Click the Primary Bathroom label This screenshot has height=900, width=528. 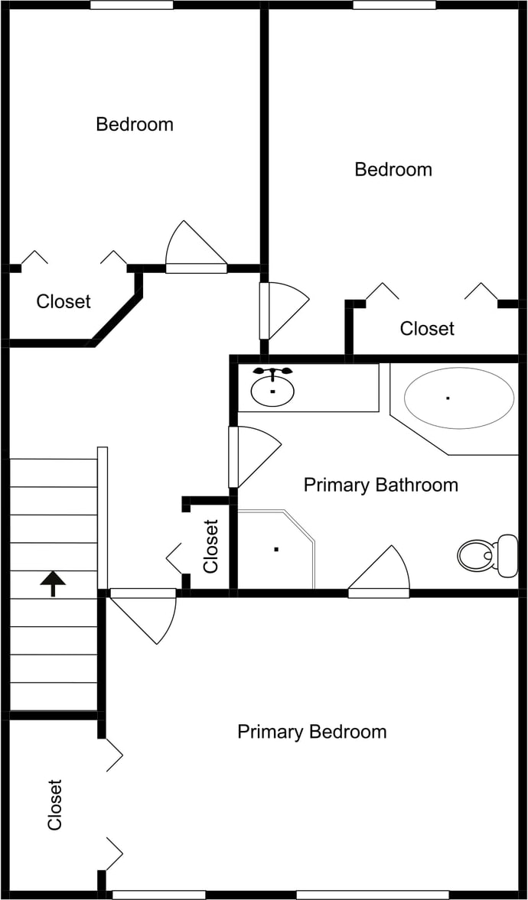pyautogui.click(x=380, y=485)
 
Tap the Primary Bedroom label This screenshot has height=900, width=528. pyautogui.click(x=311, y=732)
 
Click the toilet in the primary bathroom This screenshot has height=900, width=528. pyautogui.click(x=476, y=554)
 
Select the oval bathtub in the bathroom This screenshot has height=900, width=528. pyautogui.click(x=458, y=398)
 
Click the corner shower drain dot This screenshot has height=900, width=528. pyautogui.click(x=275, y=548)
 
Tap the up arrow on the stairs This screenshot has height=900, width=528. pyautogui.click(x=53, y=583)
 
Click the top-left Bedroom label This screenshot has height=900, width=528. pyautogui.click(x=135, y=124)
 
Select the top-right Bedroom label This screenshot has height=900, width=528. pyautogui.click(x=393, y=169)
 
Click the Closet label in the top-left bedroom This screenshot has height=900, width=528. pyautogui.click(x=64, y=301)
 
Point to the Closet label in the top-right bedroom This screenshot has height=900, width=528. pyautogui.click(x=427, y=328)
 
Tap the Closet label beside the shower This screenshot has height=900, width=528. pyautogui.click(x=211, y=546)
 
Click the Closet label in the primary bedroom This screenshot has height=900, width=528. pyautogui.click(x=54, y=804)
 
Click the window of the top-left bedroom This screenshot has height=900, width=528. pyautogui.click(x=132, y=5)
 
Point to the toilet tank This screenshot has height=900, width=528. pyautogui.click(x=507, y=555)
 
